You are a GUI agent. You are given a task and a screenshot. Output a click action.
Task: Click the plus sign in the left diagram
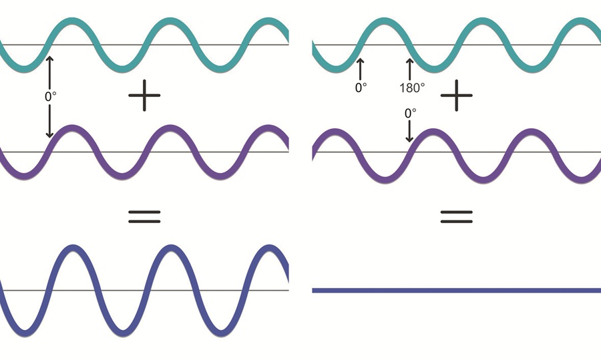(144, 96)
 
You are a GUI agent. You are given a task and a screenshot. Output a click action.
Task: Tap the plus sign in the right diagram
(456, 96)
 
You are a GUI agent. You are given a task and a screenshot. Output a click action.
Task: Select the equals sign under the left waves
(144, 216)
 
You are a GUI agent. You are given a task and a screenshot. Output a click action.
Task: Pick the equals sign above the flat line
(456, 216)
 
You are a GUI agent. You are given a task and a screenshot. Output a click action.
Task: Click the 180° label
(412, 87)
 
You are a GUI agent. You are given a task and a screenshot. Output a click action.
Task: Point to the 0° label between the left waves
(51, 96)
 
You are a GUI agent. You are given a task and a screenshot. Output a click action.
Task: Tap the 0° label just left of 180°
(361, 87)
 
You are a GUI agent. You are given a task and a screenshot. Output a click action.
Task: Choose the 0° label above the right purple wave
(410, 113)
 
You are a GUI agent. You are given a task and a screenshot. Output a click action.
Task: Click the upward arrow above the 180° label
(410, 69)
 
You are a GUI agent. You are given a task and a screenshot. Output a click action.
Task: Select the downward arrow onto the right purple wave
(409, 131)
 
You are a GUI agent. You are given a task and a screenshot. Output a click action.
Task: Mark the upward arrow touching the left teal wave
(49, 72)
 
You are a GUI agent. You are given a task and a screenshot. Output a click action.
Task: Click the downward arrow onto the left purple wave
(49, 121)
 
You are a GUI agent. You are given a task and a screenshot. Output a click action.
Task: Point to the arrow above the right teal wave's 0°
(360, 69)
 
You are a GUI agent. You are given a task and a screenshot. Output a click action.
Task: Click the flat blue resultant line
(457, 291)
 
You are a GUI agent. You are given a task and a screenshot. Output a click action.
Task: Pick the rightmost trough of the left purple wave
(220, 177)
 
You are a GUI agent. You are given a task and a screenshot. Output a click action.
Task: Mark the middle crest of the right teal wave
(482, 20)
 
